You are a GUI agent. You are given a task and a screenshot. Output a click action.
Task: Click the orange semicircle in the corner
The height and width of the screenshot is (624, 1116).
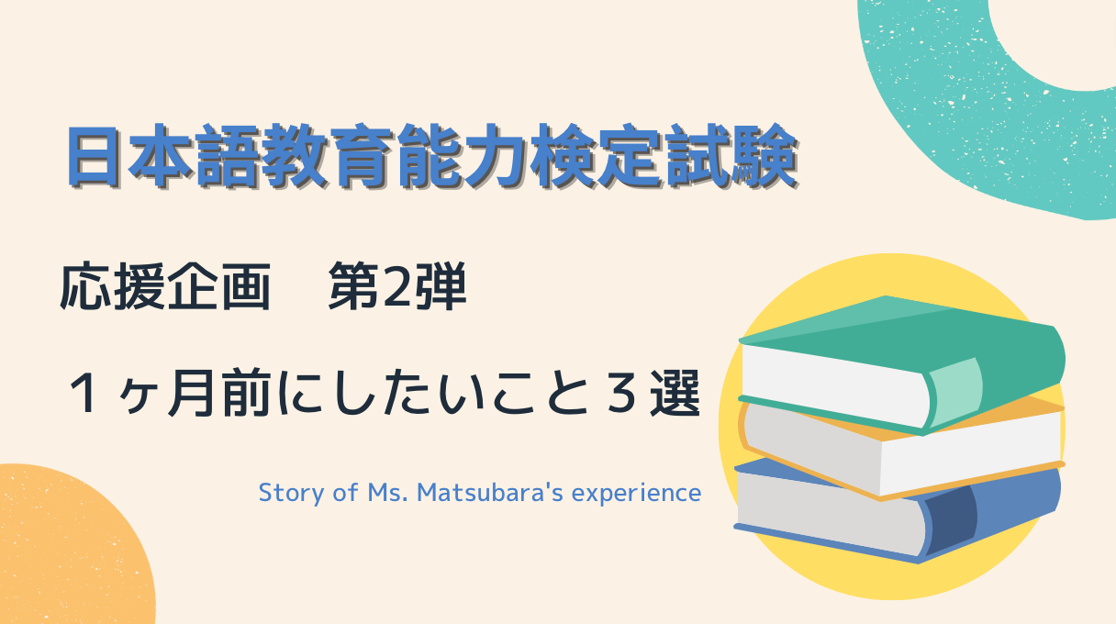pos(64,551)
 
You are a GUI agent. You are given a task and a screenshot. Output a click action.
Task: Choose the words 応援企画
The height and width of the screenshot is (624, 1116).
pos(165,289)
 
